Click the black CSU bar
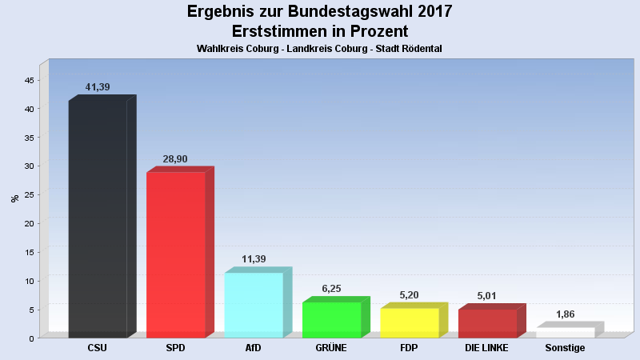[x=98, y=218]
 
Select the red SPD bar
[x=176, y=254]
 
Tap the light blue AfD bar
[x=254, y=305]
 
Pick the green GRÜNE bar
[x=331, y=319]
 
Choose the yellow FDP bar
[x=410, y=322]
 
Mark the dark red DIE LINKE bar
[x=487, y=323]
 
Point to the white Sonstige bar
[x=565, y=332]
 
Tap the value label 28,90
[x=175, y=159]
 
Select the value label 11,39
[x=254, y=259]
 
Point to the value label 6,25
[x=331, y=289]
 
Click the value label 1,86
[x=565, y=314]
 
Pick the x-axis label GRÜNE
[x=331, y=349]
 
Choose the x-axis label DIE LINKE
[x=487, y=349]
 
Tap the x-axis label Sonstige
[x=565, y=349]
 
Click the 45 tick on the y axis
[x=29, y=81]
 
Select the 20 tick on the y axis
[x=29, y=224]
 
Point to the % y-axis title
[x=14, y=198]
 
